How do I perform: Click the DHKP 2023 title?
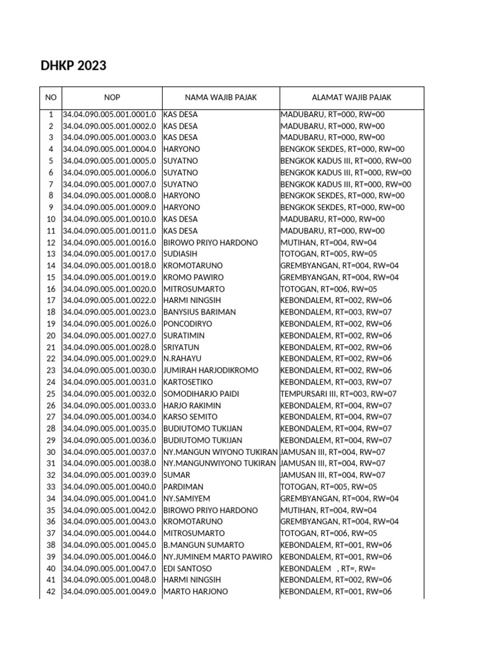pos(73,66)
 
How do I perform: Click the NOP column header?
pos(112,97)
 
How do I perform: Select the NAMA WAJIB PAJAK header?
pos(221,97)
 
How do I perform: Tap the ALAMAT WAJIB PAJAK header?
pos(351,97)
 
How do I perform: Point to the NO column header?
pos(51,97)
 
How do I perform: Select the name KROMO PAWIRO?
pos(189,277)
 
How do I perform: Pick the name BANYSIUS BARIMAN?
pos(199,312)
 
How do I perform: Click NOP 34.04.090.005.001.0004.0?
pos(109,149)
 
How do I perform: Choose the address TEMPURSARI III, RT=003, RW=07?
pos(339,394)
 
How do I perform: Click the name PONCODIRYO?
pos(187,323)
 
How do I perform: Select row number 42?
pos(51,592)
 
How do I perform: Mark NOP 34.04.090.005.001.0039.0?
pos(109,475)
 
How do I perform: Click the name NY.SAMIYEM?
pos(185,498)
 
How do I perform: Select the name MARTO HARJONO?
pos(196,592)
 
